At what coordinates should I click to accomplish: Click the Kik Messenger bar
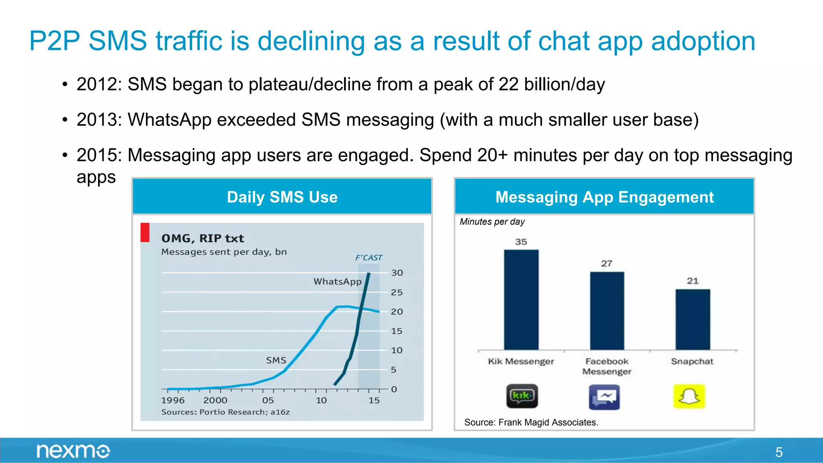(x=521, y=299)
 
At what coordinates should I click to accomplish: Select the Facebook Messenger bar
(x=607, y=310)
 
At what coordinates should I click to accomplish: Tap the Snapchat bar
(x=692, y=319)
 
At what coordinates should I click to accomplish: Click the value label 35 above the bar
(x=521, y=242)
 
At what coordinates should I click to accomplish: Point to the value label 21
(x=692, y=281)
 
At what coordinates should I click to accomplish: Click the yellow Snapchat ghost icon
(x=689, y=397)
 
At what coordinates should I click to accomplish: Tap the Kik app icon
(x=522, y=396)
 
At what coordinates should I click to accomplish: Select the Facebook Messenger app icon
(x=604, y=397)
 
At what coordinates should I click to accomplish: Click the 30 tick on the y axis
(x=397, y=273)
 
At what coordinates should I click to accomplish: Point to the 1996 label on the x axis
(x=173, y=400)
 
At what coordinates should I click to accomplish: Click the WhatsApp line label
(x=337, y=282)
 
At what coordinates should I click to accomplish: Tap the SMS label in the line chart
(x=276, y=361)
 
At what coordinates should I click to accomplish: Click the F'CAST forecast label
(x=369, y=258)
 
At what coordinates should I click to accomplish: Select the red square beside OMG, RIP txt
(x=145, y=232)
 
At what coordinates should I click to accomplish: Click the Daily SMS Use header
(x=282, y=197)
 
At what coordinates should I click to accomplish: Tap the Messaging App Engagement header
(x=604, y=197)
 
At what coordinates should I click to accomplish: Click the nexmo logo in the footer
(x=73, y=451)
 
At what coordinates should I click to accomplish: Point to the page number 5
(x=779, y=452)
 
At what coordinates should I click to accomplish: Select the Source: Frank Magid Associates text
(x=531, y=422)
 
